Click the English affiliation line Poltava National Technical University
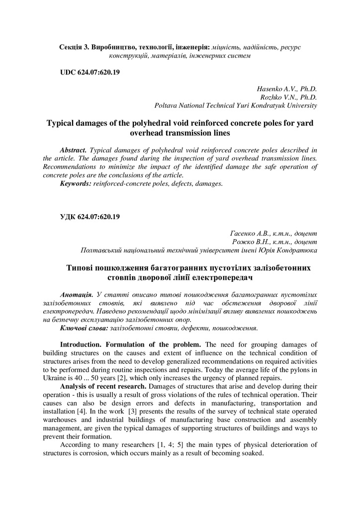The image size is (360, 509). click(x=236, y=105)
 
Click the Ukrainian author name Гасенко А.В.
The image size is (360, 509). click(x=250, y=233)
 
